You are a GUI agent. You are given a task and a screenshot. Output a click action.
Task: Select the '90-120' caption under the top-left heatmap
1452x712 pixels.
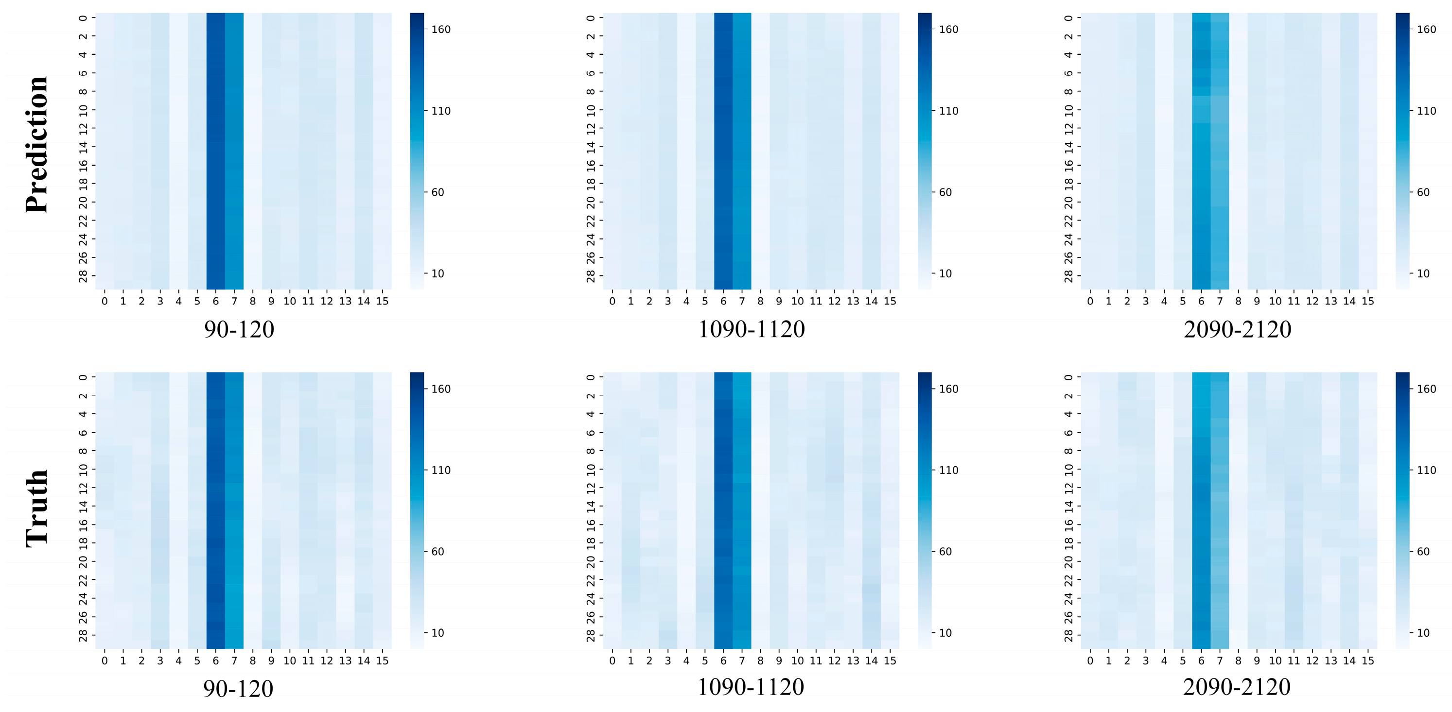[x=239, y=329]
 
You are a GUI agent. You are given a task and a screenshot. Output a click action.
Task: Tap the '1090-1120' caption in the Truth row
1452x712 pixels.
[x=751, y=687]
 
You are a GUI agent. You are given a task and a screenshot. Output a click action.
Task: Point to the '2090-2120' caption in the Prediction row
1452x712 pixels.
[x=1237, y=329]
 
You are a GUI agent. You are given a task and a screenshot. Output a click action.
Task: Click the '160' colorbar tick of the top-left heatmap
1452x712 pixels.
[x=441, y=30]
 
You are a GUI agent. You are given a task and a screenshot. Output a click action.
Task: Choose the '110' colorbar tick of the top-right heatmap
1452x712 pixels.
[x=1427, y=111]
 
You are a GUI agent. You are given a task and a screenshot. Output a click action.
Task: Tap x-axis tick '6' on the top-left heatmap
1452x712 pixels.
[x=215, y=301]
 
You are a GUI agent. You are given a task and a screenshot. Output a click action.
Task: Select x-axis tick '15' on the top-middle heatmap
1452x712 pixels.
[x=890, y=301]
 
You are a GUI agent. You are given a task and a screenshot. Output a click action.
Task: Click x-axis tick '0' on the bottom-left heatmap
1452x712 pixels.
[x=105, y=661]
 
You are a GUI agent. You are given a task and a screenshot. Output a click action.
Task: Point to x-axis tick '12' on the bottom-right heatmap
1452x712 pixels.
[x=1312, y=661]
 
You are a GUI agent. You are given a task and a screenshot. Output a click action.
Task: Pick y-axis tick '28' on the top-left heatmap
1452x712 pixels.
[x=83, y=276]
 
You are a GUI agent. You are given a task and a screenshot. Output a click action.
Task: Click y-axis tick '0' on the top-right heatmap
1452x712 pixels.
[x=1068, y=18]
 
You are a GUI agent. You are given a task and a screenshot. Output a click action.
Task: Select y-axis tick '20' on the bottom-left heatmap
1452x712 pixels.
[x=83, y=561]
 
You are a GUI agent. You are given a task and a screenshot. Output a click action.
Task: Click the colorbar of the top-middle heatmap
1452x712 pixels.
[x=925, y=151]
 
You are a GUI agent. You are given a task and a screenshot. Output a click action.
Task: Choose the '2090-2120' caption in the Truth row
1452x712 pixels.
[x=1237, y=687]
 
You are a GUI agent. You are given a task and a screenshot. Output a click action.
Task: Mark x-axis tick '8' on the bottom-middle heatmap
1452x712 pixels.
[x=760, y=661]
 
